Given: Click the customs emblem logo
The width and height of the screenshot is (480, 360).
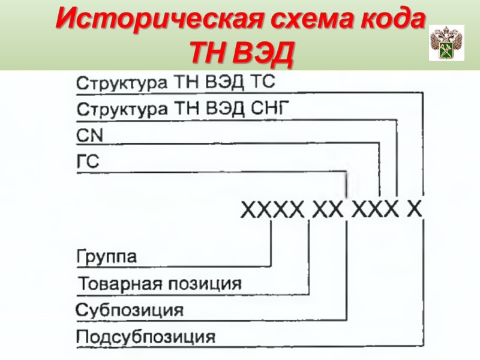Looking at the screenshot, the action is pyautogui.click(x=446, y=43).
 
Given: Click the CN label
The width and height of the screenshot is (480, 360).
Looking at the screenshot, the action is pyautogui.click(x=91, y=136).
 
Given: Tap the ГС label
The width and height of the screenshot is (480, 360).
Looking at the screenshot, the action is pyautogui.click(x=89, y=162).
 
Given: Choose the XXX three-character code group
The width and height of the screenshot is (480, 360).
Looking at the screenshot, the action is pyautogui.click(x=375, y=209).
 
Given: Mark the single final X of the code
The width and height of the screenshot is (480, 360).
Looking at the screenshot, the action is pyautogui.click(x=415, y=209).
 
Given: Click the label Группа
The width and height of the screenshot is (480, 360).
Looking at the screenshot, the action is pyautogui.click(x=107, y=257).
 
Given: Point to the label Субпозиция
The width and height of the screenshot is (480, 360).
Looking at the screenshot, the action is pyautogui.click(x=130, y=310).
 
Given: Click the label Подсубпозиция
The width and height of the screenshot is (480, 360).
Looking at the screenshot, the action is pyautogui.click(x=146, y=336).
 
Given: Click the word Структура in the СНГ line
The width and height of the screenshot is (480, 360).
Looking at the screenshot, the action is pyautogui.click(x=123, y=110).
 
